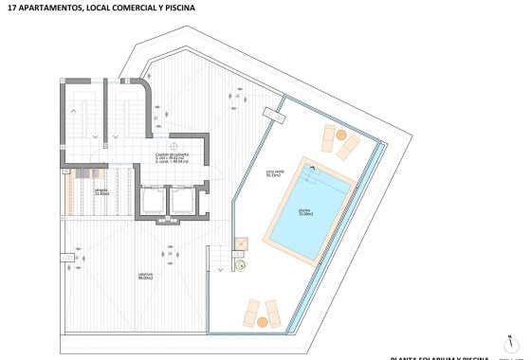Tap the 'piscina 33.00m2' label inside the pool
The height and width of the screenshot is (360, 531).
pyautogui.click(x=304, y=212)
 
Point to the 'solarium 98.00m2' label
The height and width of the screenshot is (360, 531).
pyautogui.click(x=144, y=278)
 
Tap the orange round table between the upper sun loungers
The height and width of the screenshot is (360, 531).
pyautogui.click(x=343, y=137)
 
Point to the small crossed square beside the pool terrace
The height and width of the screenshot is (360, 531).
pyautogui.click(x=241, y=244)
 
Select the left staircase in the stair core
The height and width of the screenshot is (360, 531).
pyautogui.click(x=80, y=123)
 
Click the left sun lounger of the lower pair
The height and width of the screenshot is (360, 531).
pyautogui.click(x=252, y=311)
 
